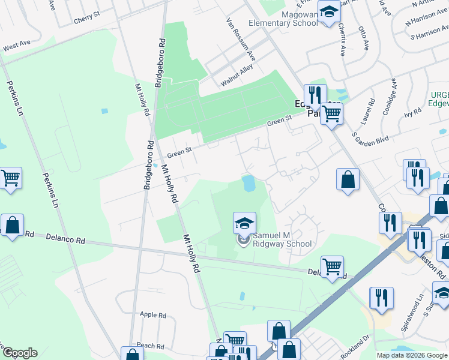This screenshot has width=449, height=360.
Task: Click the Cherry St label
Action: [86, 19]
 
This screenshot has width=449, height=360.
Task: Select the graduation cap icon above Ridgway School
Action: [244, 223]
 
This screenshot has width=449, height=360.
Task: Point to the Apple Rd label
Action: [152, 314]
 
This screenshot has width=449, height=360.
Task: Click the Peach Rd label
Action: [150, 346]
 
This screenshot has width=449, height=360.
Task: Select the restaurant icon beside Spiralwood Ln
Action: [381, 298]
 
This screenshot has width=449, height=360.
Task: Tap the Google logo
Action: [19, 353]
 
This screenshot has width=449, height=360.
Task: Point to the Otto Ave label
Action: [365, 35]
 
